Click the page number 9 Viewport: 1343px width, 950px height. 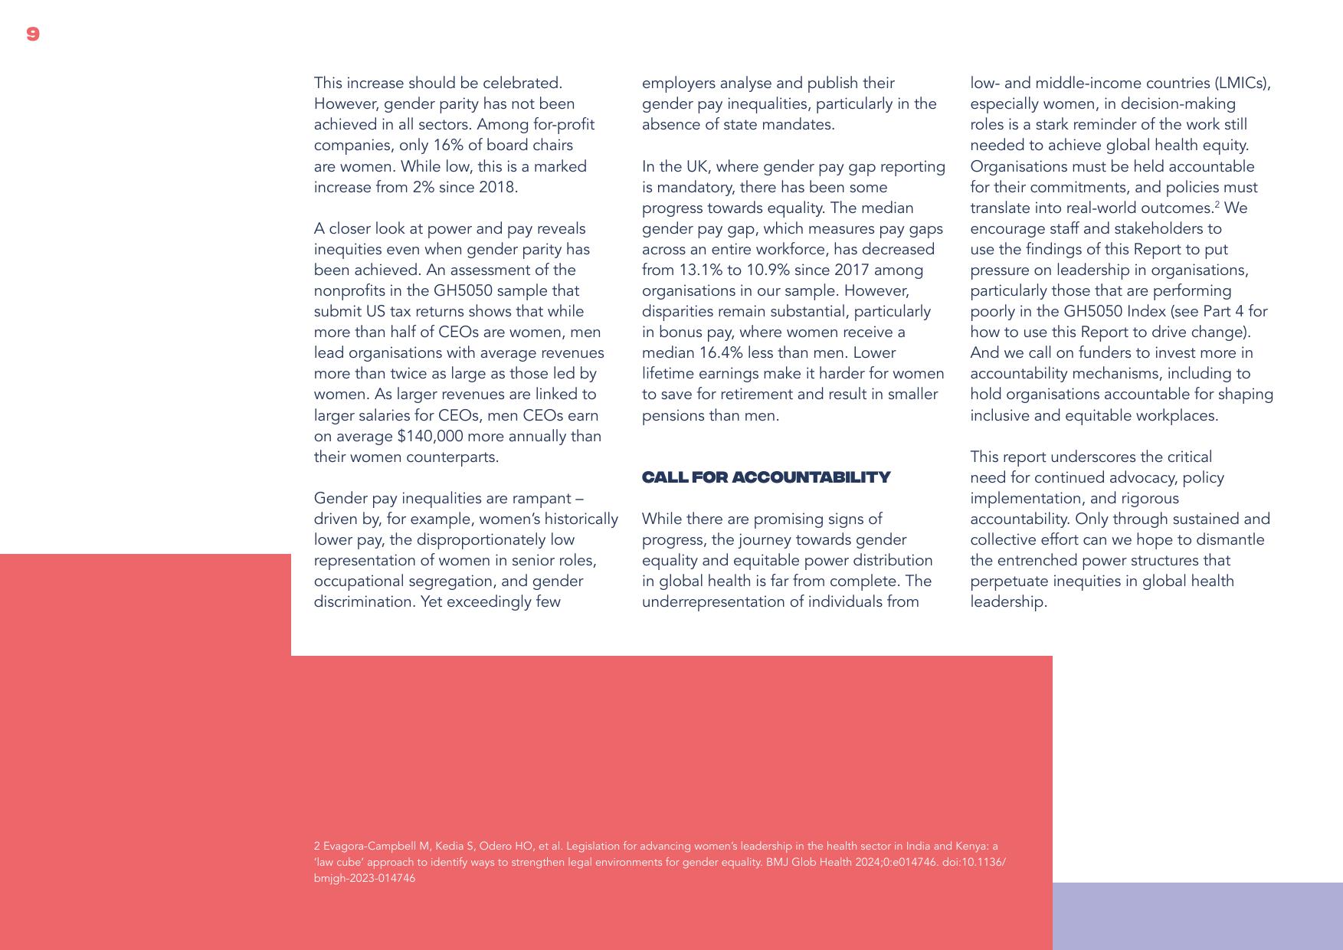32,34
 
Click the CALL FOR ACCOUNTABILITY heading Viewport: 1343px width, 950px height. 765,477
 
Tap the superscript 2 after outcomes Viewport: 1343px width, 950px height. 1217,205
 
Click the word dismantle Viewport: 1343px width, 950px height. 1228,540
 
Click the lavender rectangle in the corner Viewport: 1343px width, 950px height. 1197,916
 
